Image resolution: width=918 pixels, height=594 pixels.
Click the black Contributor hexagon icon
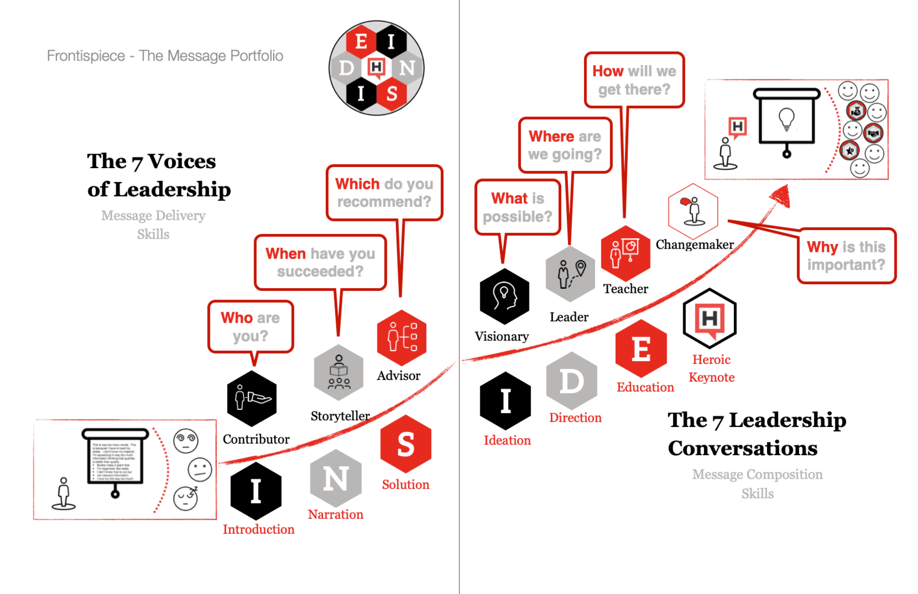click(x=252, y=398)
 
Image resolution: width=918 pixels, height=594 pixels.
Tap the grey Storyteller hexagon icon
click(x=339, y=372)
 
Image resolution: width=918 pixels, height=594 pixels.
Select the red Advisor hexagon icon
click(x=402, y=337)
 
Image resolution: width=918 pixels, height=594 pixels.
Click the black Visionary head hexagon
click(x=504, y=296)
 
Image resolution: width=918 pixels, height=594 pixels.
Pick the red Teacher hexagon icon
click(x=625, y=253)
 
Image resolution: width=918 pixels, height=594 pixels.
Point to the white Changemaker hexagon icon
click(x=693, y=211)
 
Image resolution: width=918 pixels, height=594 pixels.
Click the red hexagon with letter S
click(x=406, y=444)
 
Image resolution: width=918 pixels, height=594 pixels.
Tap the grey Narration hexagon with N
click(x=336, y=479)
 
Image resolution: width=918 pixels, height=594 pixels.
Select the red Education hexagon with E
click(x=641, y=349)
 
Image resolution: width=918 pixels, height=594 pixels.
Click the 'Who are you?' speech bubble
click(x=251, y=327)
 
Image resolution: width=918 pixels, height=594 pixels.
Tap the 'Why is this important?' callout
click(x=846, y=256)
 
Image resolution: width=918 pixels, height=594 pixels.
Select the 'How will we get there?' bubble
click(x=634, y=80)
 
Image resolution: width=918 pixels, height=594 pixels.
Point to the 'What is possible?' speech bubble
click(x=518, y=207)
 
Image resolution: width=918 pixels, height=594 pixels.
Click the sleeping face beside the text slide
click(x=186, y=497)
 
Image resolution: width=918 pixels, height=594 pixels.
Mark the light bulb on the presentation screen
click(x=786, y=119)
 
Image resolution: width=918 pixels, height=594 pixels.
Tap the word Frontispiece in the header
click(x=85, y=56)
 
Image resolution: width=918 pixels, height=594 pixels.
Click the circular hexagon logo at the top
click(x=376, y=68)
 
